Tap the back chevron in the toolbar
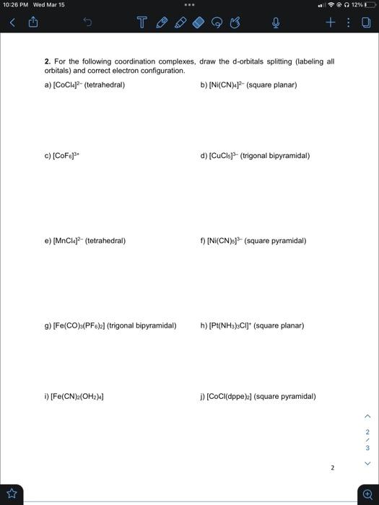[x=11, y=22]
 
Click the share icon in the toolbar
[x=32, y=22]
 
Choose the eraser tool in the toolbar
[x=199, y=23]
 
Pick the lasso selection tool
[x=218, y=23]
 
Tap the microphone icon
[x=275, y=23]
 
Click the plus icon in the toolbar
[x=330, y=22]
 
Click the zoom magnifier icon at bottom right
[x=368, y=494]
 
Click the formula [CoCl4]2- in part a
[x=67, y=84]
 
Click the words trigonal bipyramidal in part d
[x=278, y=155]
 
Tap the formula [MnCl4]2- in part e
[x=67, y=240]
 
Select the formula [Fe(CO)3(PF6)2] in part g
[x=79, y=325]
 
